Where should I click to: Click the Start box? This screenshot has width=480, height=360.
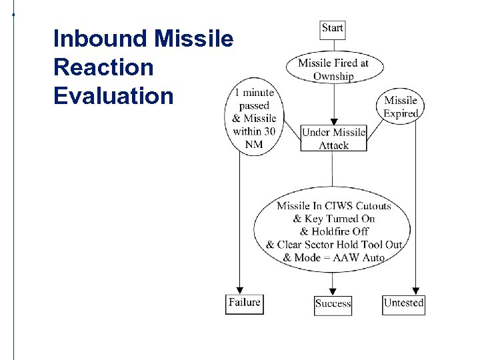pos(332,28)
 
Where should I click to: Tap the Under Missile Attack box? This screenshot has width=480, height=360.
pos(333,138)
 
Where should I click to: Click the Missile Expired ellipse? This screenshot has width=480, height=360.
pos(401,107)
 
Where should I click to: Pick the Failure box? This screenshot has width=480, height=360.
pos(244,303)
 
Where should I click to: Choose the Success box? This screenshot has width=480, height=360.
pos(333,303)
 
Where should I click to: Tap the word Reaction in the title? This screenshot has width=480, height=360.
pos(103,67)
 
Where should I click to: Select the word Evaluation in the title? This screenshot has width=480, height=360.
pos(113,96)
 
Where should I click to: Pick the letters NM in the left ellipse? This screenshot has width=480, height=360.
pos(254,144)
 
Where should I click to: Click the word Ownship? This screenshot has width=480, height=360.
pos(333,76)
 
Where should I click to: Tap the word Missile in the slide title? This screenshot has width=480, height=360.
pos(194,39)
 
